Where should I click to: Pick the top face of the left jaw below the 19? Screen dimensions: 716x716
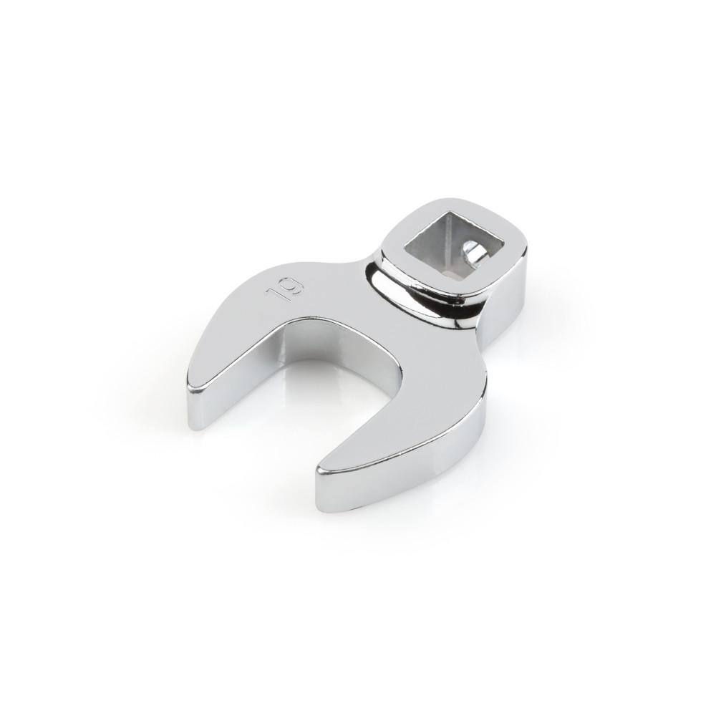coord(251,337)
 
